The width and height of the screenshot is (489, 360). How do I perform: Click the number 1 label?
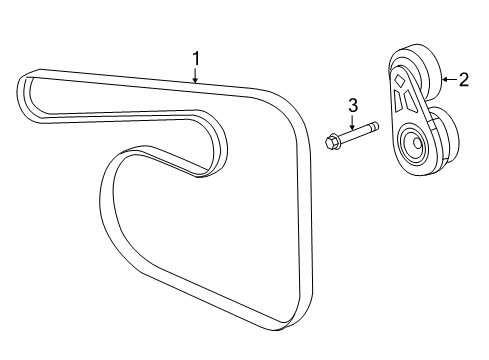[x=196, y=59]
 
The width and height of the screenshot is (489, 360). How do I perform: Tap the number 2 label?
[x=463, y=80]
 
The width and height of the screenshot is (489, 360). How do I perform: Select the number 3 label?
[x=352, y=105]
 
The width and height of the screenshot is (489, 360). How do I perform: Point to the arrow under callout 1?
[x=196, y=74]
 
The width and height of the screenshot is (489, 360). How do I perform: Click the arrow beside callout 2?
[x=446, y=80]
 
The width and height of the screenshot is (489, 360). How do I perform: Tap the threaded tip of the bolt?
[x=374, y=128]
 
